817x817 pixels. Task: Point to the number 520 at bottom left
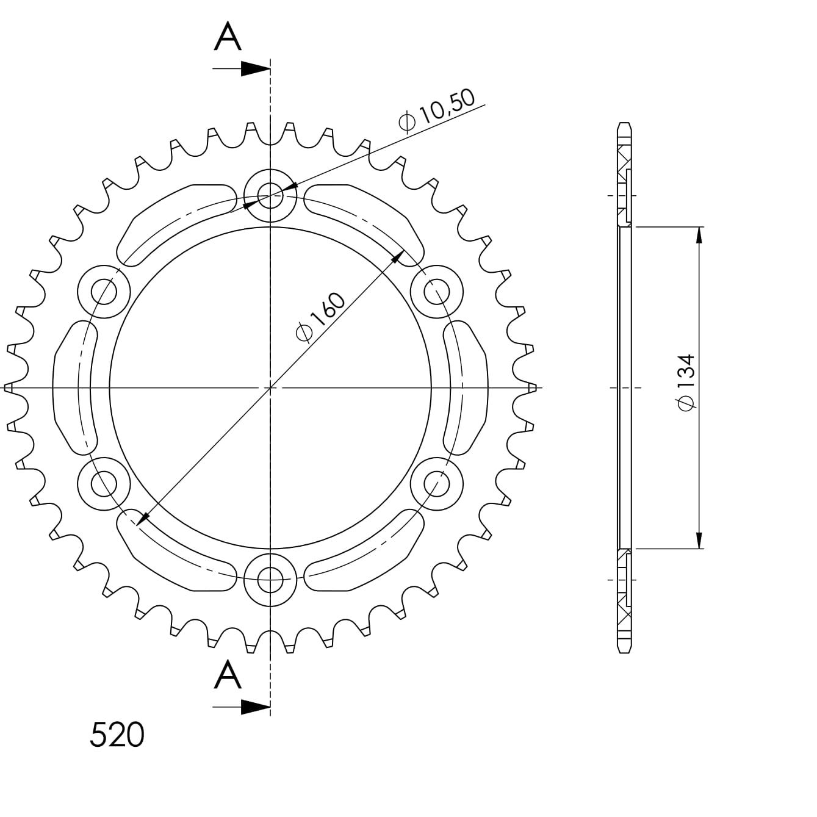click(117, 735)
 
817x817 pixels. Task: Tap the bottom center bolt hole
click(270, 580)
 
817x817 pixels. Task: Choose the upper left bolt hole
click(104, 292)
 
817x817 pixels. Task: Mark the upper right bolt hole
click(436, 292)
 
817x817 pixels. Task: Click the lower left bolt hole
click(104, 484)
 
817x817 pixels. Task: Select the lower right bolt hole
click(436, 484)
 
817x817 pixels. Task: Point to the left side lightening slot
click(75, 388)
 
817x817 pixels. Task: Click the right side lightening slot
click(465, 388)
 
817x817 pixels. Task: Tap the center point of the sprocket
click(270, 388)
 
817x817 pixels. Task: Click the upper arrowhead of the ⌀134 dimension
click(699, 236)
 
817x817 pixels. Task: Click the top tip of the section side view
click(624, 124)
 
